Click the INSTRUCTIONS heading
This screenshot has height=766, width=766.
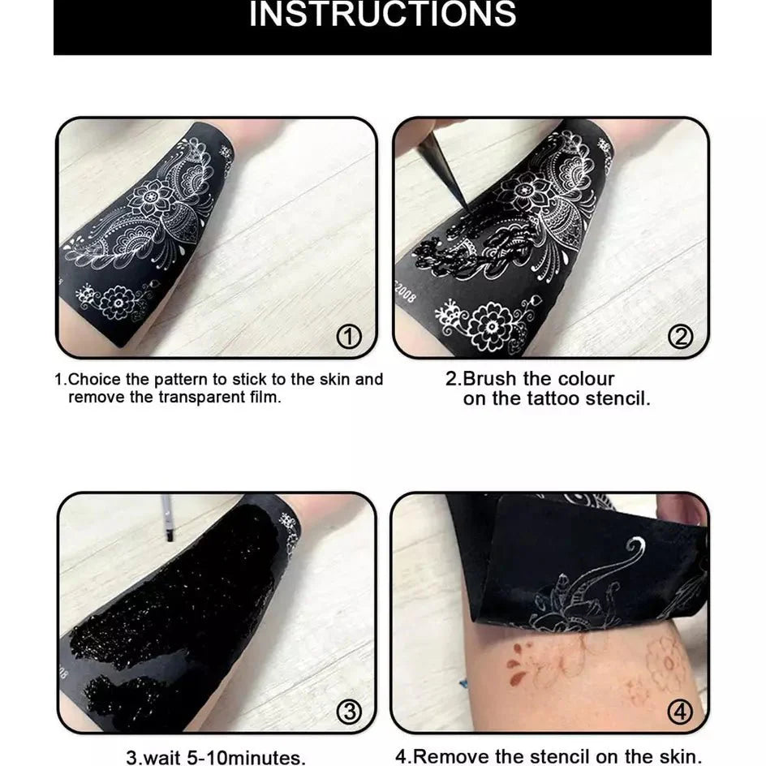point(382,15)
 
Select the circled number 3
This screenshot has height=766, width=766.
point(348,712)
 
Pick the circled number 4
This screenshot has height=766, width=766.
point(680,712)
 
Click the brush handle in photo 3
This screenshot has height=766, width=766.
point(166,518)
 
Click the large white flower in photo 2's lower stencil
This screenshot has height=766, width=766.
point(490,325)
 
